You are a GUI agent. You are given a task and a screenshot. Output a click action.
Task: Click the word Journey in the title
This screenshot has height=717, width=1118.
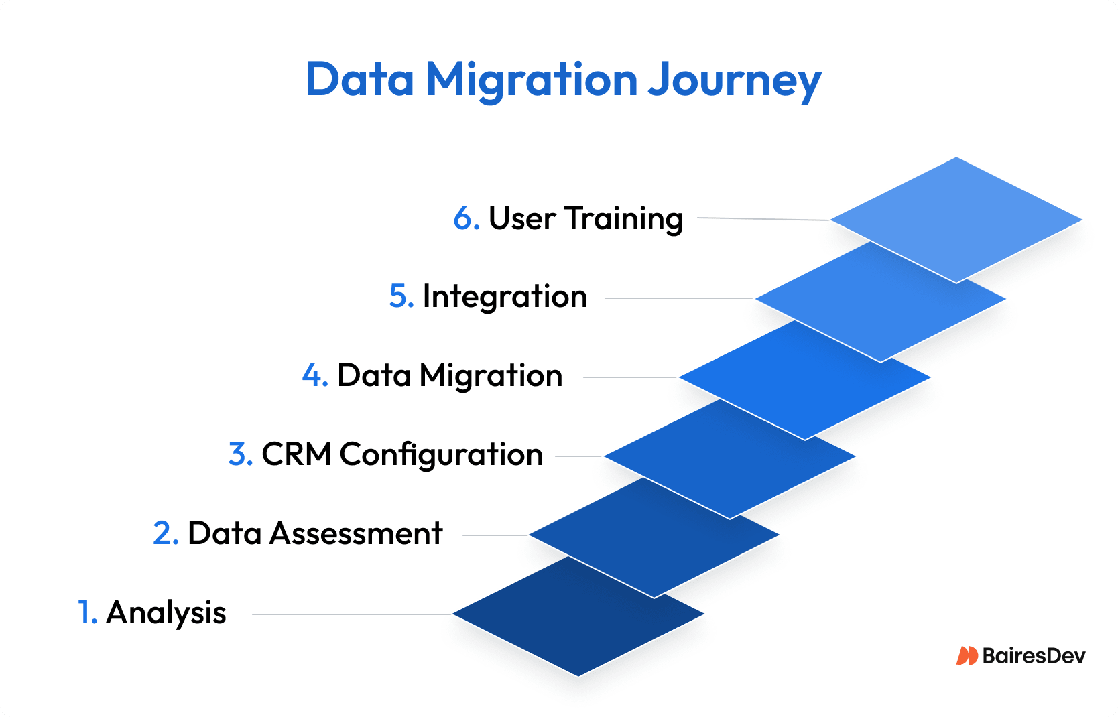point(735,80)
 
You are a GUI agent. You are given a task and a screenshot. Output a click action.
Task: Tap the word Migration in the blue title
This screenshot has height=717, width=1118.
point(531,80)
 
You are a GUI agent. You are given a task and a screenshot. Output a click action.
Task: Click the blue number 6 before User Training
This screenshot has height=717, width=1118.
point(464,218)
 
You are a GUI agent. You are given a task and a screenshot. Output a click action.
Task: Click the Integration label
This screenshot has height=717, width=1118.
point(505,297)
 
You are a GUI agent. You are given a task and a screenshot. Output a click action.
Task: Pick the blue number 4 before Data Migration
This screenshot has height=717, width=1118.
point(312,375)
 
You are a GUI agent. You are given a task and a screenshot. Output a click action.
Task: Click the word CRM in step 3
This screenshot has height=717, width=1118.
point(296,454)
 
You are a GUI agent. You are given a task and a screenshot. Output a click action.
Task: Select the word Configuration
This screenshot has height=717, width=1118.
point(441,456)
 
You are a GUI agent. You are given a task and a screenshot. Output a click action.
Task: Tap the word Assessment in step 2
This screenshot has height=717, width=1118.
point(356,533)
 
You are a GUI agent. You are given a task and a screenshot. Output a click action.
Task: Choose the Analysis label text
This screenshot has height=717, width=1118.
point(166,613)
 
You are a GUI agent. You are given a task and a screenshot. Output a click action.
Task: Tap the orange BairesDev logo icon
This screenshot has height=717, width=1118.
point(967,655)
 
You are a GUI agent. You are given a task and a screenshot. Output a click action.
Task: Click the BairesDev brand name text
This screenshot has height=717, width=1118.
point(1034,655)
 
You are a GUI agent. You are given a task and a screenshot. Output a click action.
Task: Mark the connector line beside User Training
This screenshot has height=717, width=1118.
point(763,218)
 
